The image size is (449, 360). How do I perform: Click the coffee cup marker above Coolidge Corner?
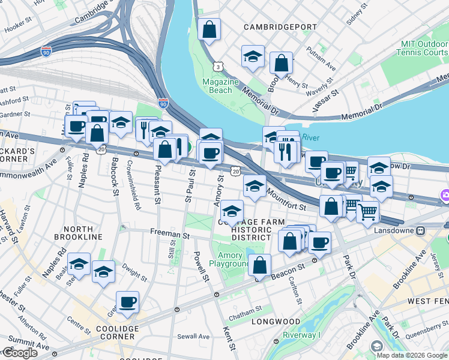coord(127,302)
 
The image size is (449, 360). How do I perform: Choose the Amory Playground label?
coord(229,260)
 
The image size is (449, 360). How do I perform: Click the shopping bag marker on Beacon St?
coord(259,265)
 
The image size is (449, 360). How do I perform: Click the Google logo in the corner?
coord(19,353)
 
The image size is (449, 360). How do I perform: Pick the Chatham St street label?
coord(246,309)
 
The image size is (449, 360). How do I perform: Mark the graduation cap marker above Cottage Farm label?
coord(232,211)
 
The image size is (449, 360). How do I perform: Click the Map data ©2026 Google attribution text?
coord(412,355)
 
